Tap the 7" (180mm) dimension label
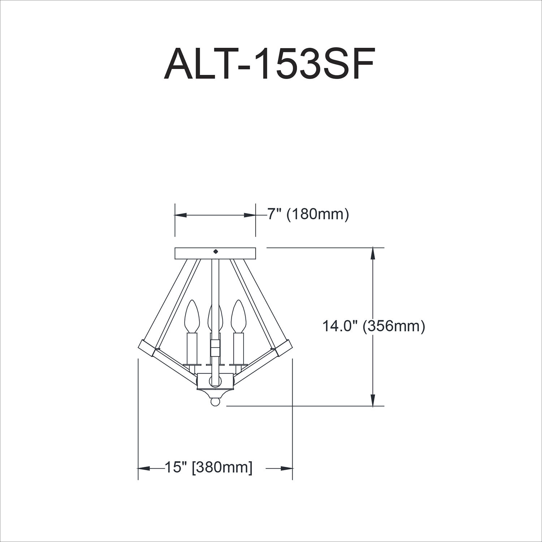click(x=308, y=215)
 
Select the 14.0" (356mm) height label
click(x=373, y=326)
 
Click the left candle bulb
click(x=192, y=316)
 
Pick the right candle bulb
click(x=238, y=316)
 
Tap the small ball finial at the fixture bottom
click(x=215, y=402)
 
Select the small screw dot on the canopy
click(x=216, y=251)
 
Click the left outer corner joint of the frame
click(x=147, y=348)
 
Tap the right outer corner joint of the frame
click(x=284, y=348)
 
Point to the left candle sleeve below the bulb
click(x=192, y=348)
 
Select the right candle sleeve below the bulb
click(x=238, y=348)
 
